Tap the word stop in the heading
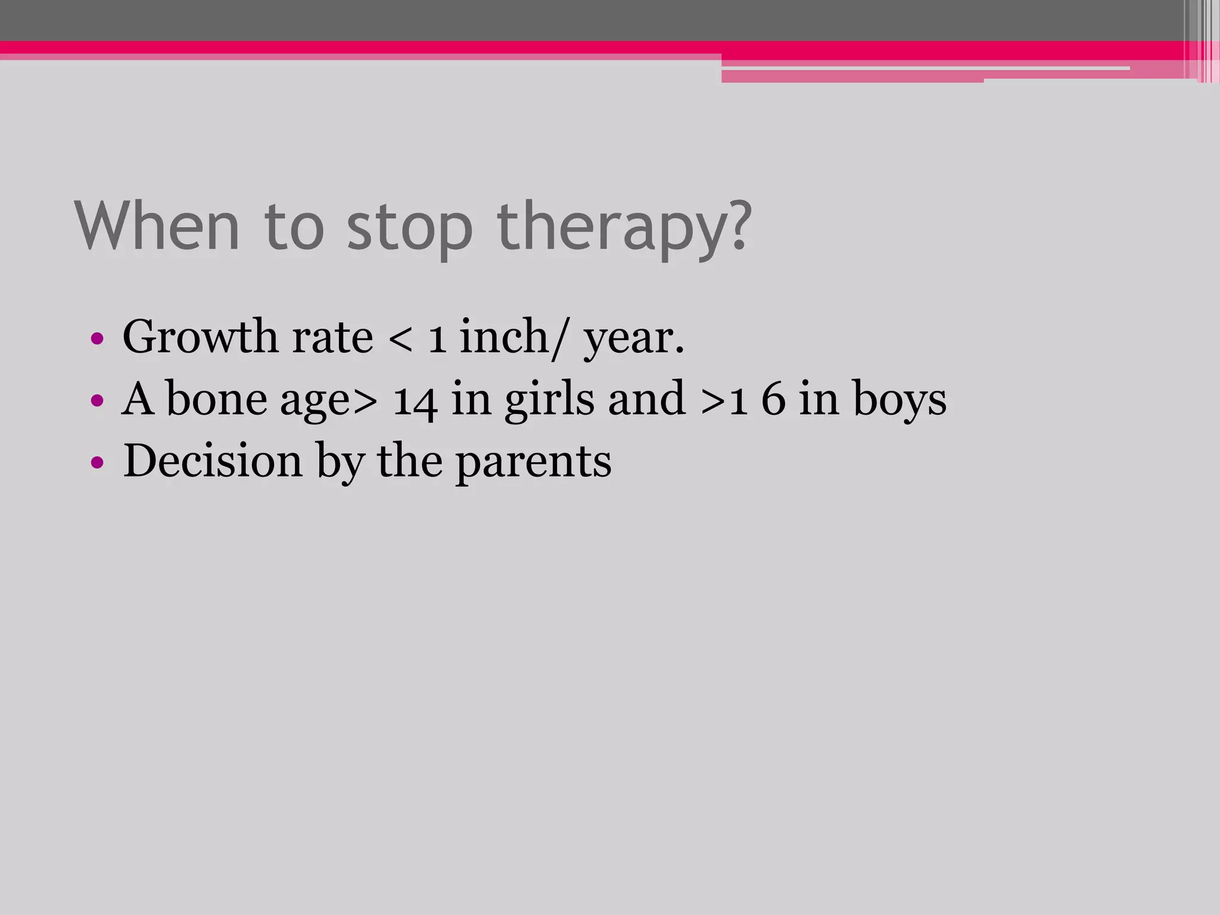(x=410, y=230)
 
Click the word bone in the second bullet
(x=216, y=399)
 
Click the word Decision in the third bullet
(x=213, y=461)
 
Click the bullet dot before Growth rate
(x=97, y=340)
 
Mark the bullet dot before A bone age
(x=97, y=400)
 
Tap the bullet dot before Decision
(x=97, y=462)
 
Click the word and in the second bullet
(x=647, y=399)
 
